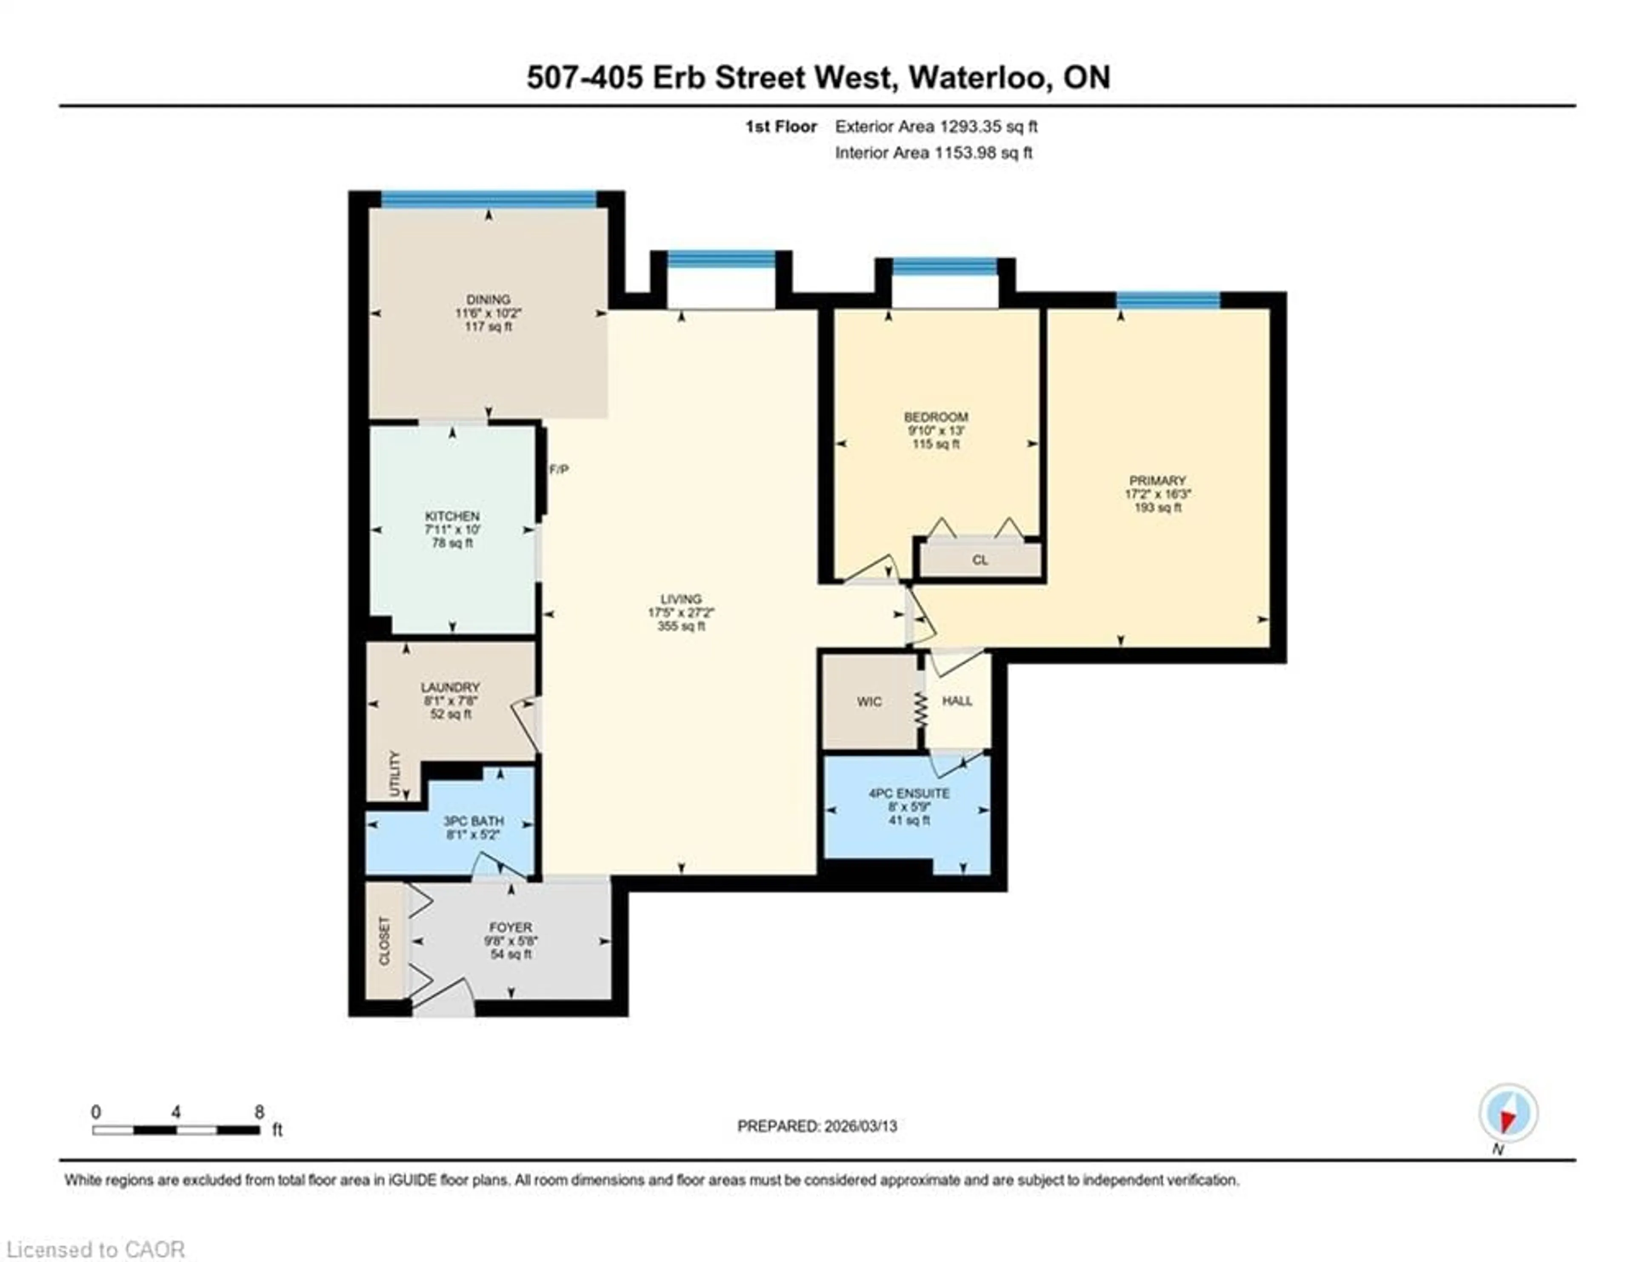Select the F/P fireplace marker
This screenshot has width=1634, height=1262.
pyautogui.click(x=559, y=469)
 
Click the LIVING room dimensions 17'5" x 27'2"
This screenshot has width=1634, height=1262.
pyautogui.click(x=681, y=612)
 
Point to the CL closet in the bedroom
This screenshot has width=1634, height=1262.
pyautogui.click(x=980, y=560)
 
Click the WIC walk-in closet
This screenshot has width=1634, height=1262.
pyautogui.click(x=869, y=701)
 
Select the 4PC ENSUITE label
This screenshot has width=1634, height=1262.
pyautogui.click(x=908, y=793)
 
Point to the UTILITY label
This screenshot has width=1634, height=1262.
pyautogui.click(x=395, y=773)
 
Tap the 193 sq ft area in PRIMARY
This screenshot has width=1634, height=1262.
pyautogui.click(x=1157, y=508)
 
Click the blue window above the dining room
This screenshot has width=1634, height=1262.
pyautogui.click(x=488, y=199)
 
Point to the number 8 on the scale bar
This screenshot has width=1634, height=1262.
pyautogui.click(x=259, y=1112)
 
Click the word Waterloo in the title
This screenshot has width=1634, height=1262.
pyautogui.click(x=977, y=78)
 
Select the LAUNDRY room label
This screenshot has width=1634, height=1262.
pyautogui.click(x=450, y=687)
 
